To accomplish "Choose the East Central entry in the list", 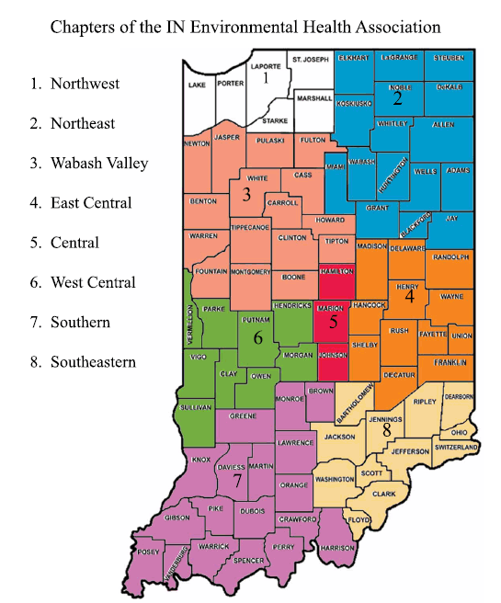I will coord(91,203).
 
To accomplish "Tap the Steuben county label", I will coord(450,58).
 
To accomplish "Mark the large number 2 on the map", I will coord(398,97).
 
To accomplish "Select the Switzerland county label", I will coord(457,447).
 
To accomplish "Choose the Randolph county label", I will coord(450,257).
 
